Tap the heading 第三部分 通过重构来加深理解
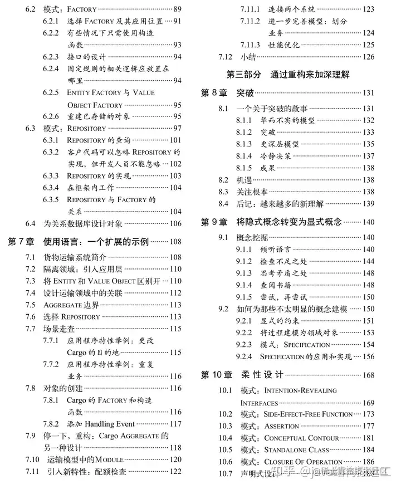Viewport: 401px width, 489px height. coord(288,74)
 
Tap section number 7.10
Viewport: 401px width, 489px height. coord(32,459)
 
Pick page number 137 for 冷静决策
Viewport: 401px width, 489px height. coord(368,156)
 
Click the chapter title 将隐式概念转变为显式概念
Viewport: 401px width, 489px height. coord(289,222)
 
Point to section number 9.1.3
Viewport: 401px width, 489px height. coord(244,273)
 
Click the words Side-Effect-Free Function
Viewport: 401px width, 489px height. coord(308,414)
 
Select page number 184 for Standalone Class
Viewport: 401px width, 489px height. coord(368,449)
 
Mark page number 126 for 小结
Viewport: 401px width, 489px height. coord(368,56)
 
